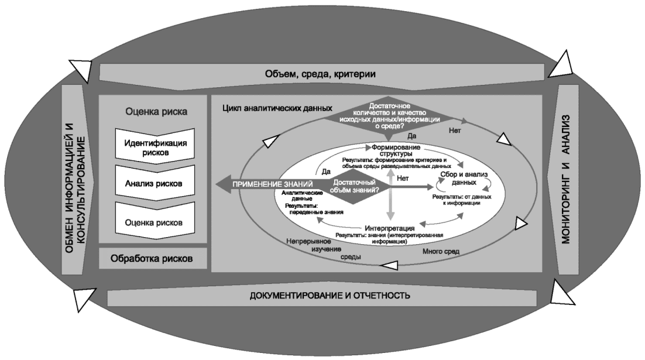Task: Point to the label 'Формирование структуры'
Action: pos(396,149)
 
